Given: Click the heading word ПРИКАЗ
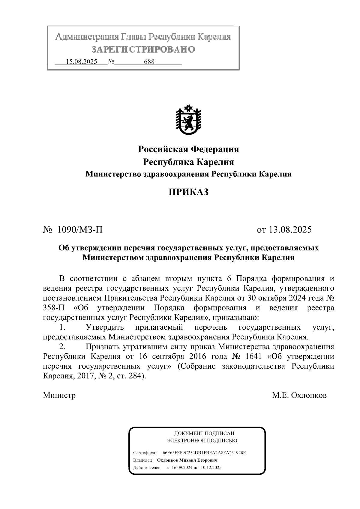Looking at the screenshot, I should tap(188, 192).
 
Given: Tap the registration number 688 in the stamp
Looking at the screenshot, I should tap(149, 62).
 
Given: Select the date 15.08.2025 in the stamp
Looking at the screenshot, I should tap(81, 62).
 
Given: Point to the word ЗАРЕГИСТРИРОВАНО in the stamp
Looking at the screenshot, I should tap(143, 49).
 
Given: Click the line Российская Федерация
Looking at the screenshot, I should tap(188, 149).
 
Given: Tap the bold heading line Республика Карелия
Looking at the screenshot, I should tap(188, 162).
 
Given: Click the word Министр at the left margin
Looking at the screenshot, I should tap(59, 395).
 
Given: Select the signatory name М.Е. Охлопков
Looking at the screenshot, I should tap(299, 395).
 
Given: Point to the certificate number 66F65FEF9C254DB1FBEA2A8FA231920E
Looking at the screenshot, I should tap(204, 453).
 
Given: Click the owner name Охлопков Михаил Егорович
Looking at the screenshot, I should tap(187, 460).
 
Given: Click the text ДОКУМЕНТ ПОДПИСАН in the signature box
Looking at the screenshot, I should tap(204, 433).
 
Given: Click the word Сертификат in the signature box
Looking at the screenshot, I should tap(145, 453).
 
